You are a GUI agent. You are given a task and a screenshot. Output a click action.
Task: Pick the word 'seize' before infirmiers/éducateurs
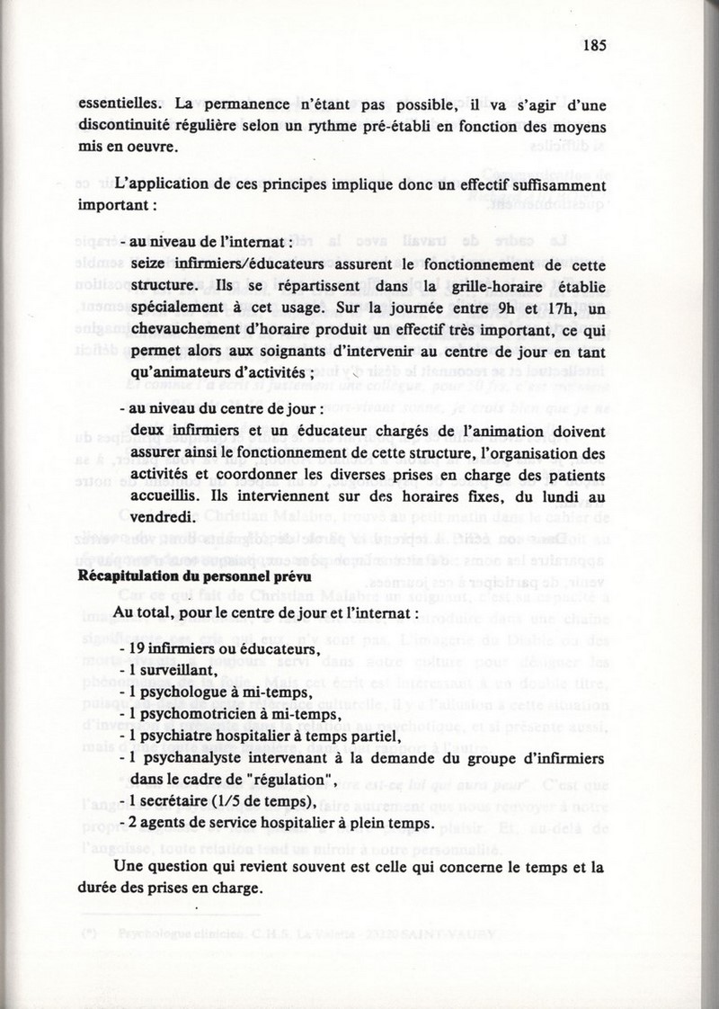[x=148, y=268]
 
